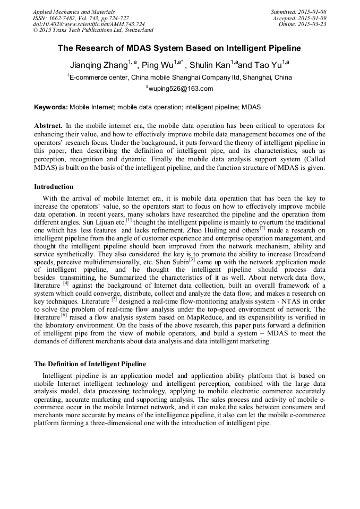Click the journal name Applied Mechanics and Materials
(74, 11)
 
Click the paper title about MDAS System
(179, 48)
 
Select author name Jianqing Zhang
(99, 65)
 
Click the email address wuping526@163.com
(179, 89)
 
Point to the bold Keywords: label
(51, 107)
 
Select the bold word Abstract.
(48, 126)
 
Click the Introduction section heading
(54, 187)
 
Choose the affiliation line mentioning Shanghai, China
(179, 77)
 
